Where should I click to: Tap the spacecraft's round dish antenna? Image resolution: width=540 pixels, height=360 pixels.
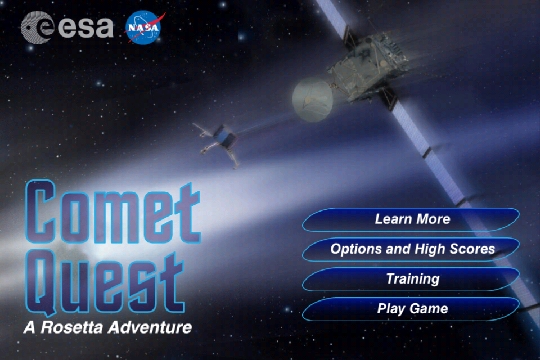(313, 100)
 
